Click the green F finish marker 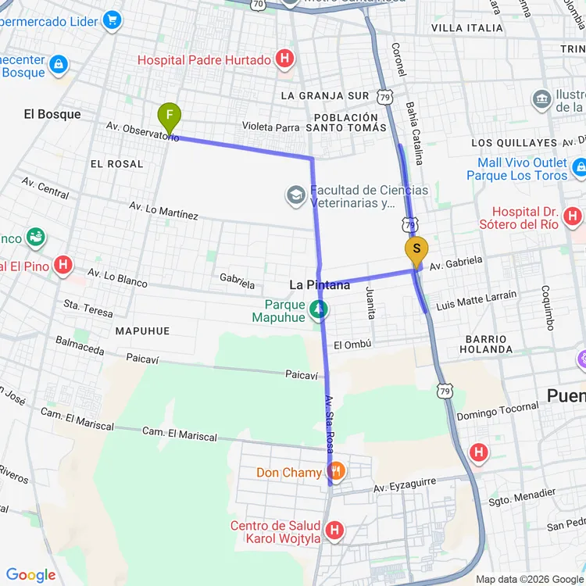169,118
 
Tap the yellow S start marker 416,251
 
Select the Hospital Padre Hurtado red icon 286,59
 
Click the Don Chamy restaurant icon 337,472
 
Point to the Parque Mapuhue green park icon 318,310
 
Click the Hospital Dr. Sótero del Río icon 573,216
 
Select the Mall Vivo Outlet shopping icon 579,168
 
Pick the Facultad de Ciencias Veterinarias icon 295,195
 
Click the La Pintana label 320,286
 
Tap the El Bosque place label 52,114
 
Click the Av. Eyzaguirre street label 404,485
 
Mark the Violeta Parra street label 271,126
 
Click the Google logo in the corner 30,575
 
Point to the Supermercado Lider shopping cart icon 113,19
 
